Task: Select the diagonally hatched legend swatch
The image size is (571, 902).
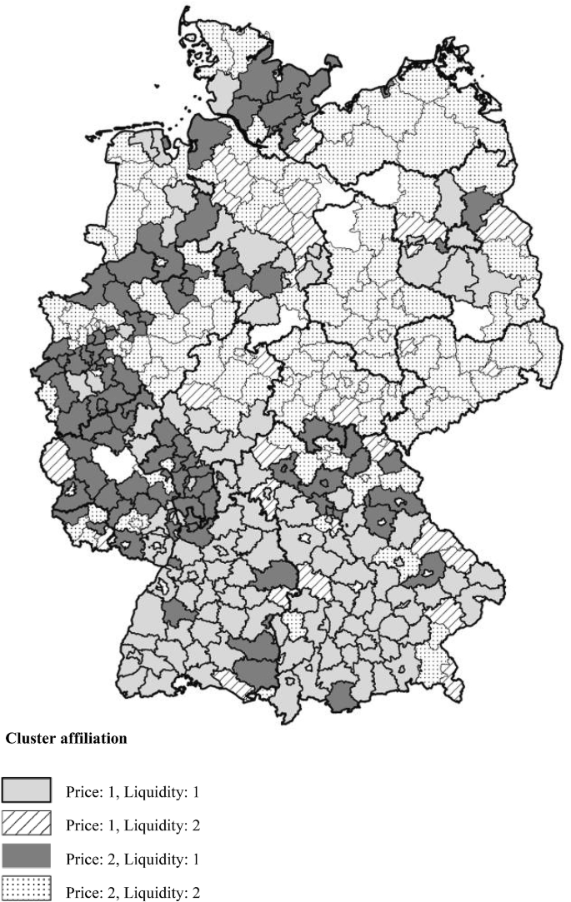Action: (x=27, y=825)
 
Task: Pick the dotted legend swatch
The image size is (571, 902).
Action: (x=27, y=890)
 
